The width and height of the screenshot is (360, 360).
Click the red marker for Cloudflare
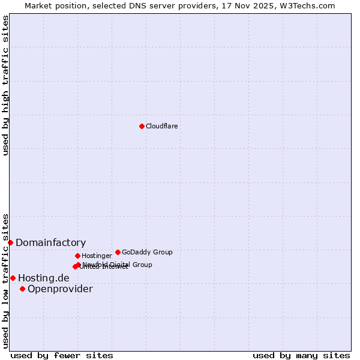[142, 126]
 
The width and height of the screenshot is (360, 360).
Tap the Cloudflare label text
[161, 126]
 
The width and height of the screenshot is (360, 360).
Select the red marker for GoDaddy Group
[118, 252]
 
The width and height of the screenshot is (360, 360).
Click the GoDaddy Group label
[147, 252]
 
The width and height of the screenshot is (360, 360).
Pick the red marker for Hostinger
[77, 256]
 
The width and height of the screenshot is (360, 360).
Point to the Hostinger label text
[97, 256]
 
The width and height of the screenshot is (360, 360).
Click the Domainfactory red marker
[10, 242]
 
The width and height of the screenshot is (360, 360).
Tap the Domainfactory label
[50, 242]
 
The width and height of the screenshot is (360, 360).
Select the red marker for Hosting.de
[13, 278]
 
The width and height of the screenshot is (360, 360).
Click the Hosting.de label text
[43, 278]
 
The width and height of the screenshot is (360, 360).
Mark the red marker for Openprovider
[22, 289]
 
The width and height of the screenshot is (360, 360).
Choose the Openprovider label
[60, 289]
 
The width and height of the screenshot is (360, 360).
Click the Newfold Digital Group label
[118, 265]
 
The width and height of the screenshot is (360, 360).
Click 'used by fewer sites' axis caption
[62, 355]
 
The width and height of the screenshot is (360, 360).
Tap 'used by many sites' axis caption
[301, 355]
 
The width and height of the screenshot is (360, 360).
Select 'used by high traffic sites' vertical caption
[5, 85]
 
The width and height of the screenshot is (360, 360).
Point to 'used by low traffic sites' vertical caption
[5, 280]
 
